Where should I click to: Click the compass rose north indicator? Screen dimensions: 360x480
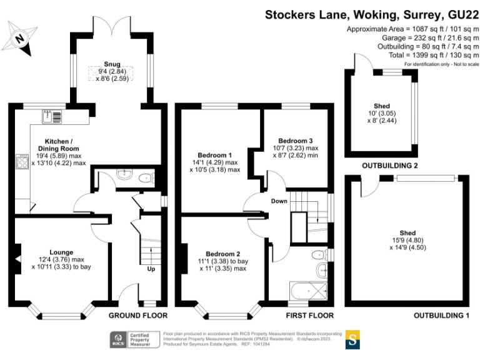click(x=21, y=38)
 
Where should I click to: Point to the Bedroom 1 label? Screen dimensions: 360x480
click(x=214, y=155)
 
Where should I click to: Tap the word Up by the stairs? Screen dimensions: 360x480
click(x=151, y=269)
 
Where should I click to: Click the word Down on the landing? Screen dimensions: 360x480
click(x=279, y=201)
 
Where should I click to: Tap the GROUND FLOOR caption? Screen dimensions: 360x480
click(x=137, y=315)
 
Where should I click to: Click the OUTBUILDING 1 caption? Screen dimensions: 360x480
click(x=441, y=316)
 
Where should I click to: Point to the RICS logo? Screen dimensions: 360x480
click(x=117, y=340)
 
